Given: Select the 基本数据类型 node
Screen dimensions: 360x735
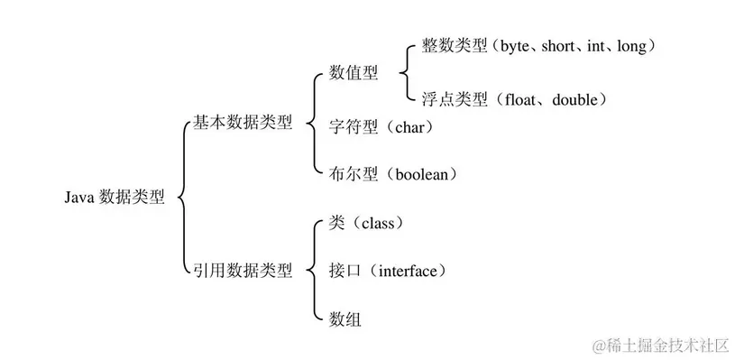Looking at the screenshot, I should [x=243, y=124].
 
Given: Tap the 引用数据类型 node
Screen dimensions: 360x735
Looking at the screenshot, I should [x=243, y=271].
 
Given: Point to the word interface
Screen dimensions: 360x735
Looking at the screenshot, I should [x=407, y=271].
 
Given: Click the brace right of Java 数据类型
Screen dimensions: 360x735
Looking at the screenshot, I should [x=183, y=197].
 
